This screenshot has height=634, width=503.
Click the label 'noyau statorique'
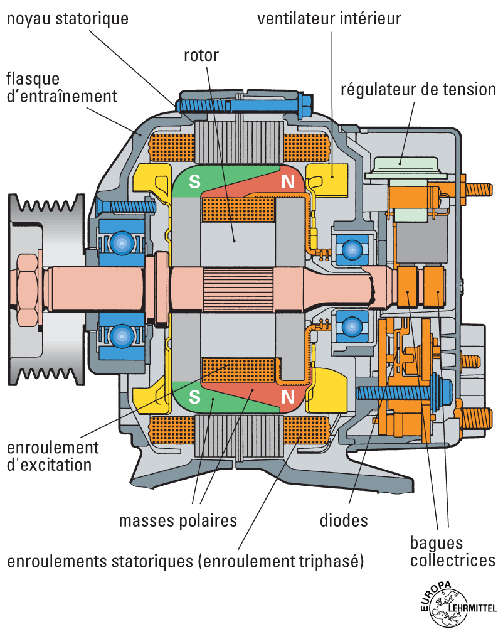67,19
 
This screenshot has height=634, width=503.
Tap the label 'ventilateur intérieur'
329,19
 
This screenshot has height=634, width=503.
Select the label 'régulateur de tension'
418,89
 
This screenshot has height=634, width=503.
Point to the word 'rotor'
201,55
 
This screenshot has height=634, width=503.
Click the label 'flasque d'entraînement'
61,88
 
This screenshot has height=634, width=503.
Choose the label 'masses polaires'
178,520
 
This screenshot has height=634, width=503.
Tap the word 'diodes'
343,520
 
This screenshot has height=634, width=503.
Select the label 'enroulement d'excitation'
53,456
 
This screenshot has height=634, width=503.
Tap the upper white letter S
195,182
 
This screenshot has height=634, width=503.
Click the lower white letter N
288,397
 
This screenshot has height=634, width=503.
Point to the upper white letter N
288,182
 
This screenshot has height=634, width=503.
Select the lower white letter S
195,397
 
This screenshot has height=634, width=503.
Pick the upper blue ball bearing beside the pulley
119,242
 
